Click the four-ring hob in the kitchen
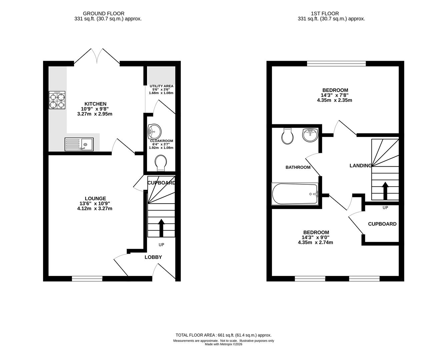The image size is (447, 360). tap(57, 100)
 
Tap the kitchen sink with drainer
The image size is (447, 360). tap(79, 144)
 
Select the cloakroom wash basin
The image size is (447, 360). tap(154, 131)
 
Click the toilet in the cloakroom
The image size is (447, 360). tap(161, 163)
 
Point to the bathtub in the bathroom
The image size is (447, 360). tap(295, 194)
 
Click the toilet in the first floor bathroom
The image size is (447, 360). tap(287, 136)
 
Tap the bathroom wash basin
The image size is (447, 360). tap(310, 135)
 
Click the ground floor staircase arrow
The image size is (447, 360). tap(161, 228)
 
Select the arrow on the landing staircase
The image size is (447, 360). tap(385, 191)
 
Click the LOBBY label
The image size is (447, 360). tap(153, 257)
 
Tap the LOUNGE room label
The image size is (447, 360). tap(95, 198)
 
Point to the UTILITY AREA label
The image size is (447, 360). tap(161, 86)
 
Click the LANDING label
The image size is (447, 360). tap(361, 166)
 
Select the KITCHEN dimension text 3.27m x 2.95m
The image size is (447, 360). tap(95, 114)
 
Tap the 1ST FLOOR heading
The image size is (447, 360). tap(325, 14)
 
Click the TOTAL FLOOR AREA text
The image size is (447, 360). tap(223, 335)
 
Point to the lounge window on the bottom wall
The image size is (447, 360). tap(87, 279)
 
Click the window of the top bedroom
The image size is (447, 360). tap(336, 63)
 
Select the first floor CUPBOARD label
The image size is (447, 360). tap(382, 224)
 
